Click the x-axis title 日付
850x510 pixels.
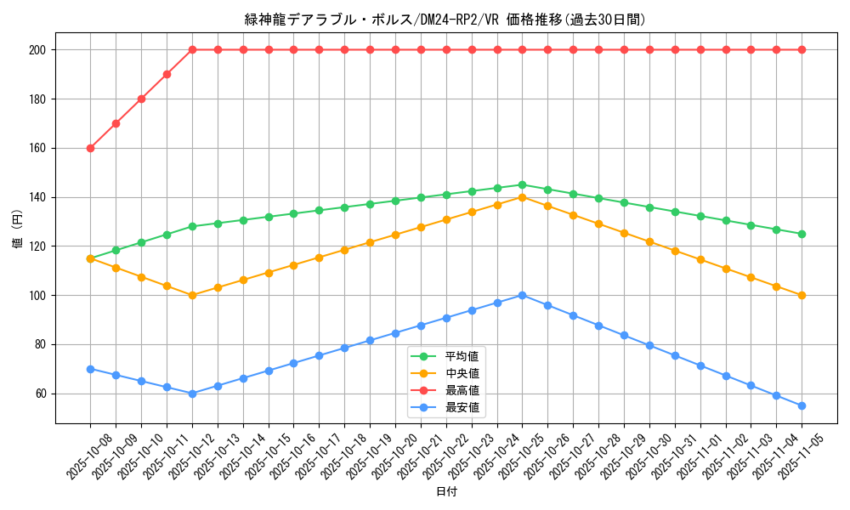coord(446,492)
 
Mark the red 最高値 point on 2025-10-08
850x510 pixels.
coord(90,148)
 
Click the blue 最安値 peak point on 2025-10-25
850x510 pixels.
coord(522,295)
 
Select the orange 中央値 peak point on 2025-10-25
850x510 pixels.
coord(522,197)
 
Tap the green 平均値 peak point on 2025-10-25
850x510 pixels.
coord(522,184)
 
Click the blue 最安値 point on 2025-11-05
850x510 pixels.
coord(802,405)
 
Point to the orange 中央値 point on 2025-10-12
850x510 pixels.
coord(192,295)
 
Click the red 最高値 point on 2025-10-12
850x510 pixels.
coord(192,49)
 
